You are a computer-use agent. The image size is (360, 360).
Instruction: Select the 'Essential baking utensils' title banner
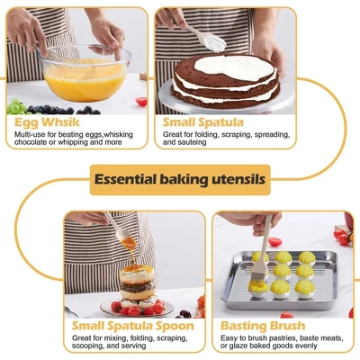click(180, 180)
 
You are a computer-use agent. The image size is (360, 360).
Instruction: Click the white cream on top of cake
click(233, 67)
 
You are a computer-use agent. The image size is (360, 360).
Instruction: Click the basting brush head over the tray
click(258, 258)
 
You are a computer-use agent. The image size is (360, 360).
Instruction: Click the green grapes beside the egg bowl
click(16, 105)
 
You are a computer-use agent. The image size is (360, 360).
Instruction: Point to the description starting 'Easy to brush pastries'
click(281, 342)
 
